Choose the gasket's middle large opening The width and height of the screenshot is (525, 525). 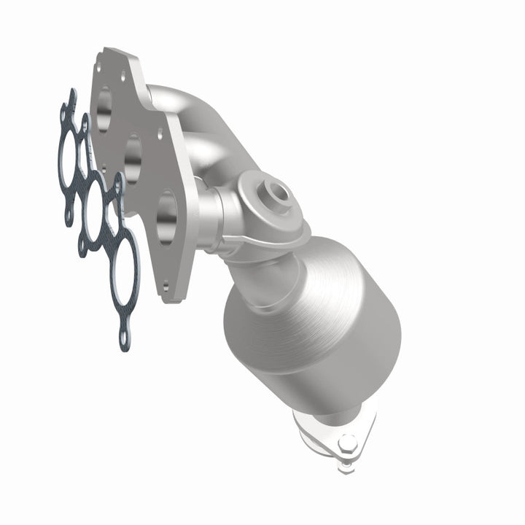[93, 208]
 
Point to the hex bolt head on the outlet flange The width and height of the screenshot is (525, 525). [346, 442]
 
